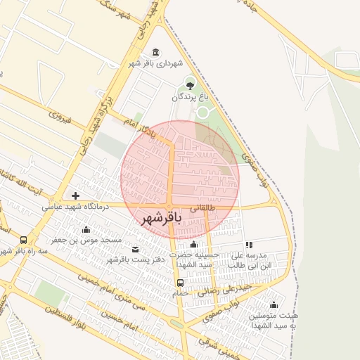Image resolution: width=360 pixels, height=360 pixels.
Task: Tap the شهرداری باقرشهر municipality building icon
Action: coord(155,53)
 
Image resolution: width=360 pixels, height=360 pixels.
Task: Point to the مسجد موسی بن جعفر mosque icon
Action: coord(86,229)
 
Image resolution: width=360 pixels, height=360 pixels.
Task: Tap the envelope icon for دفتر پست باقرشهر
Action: coord(136,249)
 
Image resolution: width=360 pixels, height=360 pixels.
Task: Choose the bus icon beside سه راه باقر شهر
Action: coord(25,240)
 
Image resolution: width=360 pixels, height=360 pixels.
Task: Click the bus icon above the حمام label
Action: coord(181,283)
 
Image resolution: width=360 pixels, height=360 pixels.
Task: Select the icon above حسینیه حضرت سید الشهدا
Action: coord(194,244)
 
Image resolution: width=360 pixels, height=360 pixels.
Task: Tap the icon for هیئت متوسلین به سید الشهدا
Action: coord(274,305)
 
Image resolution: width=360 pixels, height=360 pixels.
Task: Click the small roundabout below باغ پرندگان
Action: coord(202,112)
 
